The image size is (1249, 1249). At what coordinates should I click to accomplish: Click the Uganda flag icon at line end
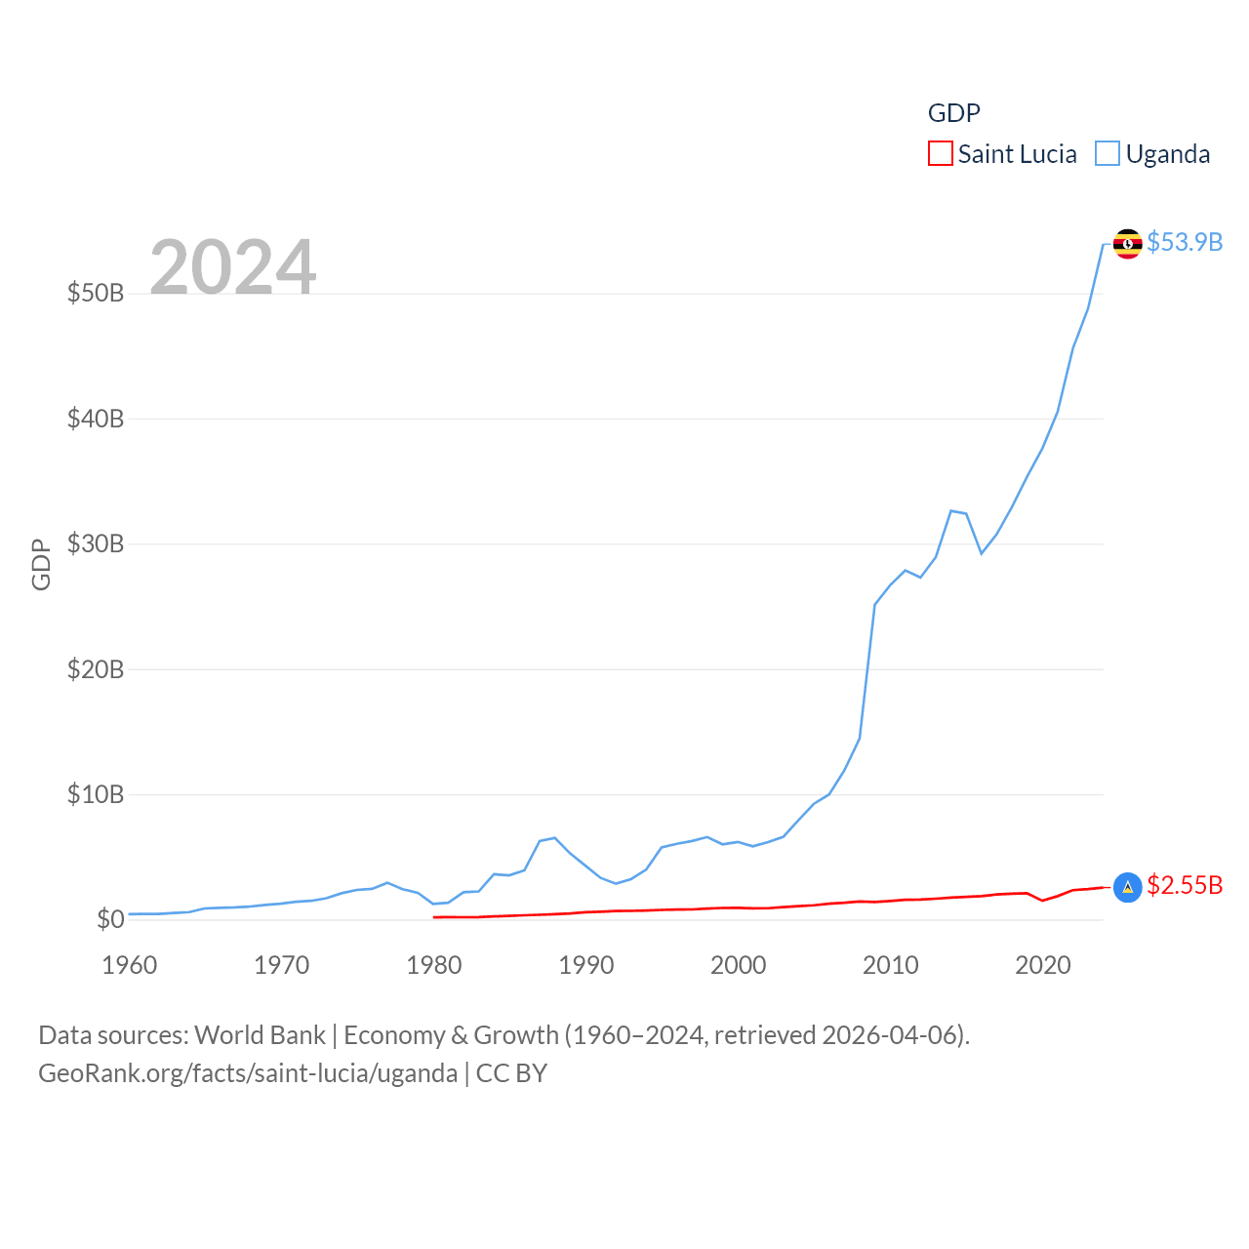coord(1127,243)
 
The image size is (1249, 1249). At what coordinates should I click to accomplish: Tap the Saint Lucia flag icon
coord(1127,887)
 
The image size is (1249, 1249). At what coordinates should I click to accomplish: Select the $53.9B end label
coord(1185,242)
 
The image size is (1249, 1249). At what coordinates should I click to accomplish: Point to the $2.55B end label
coord(1185,885)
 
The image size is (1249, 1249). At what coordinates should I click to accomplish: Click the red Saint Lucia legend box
coord(940,154)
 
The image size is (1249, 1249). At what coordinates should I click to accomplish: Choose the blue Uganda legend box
coord(1107,154)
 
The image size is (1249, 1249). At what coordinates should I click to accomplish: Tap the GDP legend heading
coord(953,113)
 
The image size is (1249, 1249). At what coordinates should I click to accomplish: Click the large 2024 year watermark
coord(232,266)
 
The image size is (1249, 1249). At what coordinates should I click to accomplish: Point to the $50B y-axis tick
coord(96,293)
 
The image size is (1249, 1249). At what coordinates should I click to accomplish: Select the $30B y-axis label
coord(96,544)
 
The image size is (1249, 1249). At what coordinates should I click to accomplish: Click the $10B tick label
coord(96,794)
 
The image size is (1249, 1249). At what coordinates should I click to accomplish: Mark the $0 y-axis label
coord(110,919)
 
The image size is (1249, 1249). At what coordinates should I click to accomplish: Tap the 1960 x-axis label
coord(130,965)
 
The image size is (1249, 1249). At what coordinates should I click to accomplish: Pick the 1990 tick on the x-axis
coord(586,965)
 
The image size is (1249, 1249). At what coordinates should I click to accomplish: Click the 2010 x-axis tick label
coord(891,965)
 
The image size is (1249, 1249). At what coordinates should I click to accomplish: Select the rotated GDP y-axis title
coord(41,564)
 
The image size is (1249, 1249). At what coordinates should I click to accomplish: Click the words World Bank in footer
coord(260,1034)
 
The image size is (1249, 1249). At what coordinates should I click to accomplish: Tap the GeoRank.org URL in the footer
coord(248,1073)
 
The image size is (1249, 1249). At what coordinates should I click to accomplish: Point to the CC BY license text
coord(511,1073)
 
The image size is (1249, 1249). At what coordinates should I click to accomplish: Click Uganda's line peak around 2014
coord(951,510)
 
